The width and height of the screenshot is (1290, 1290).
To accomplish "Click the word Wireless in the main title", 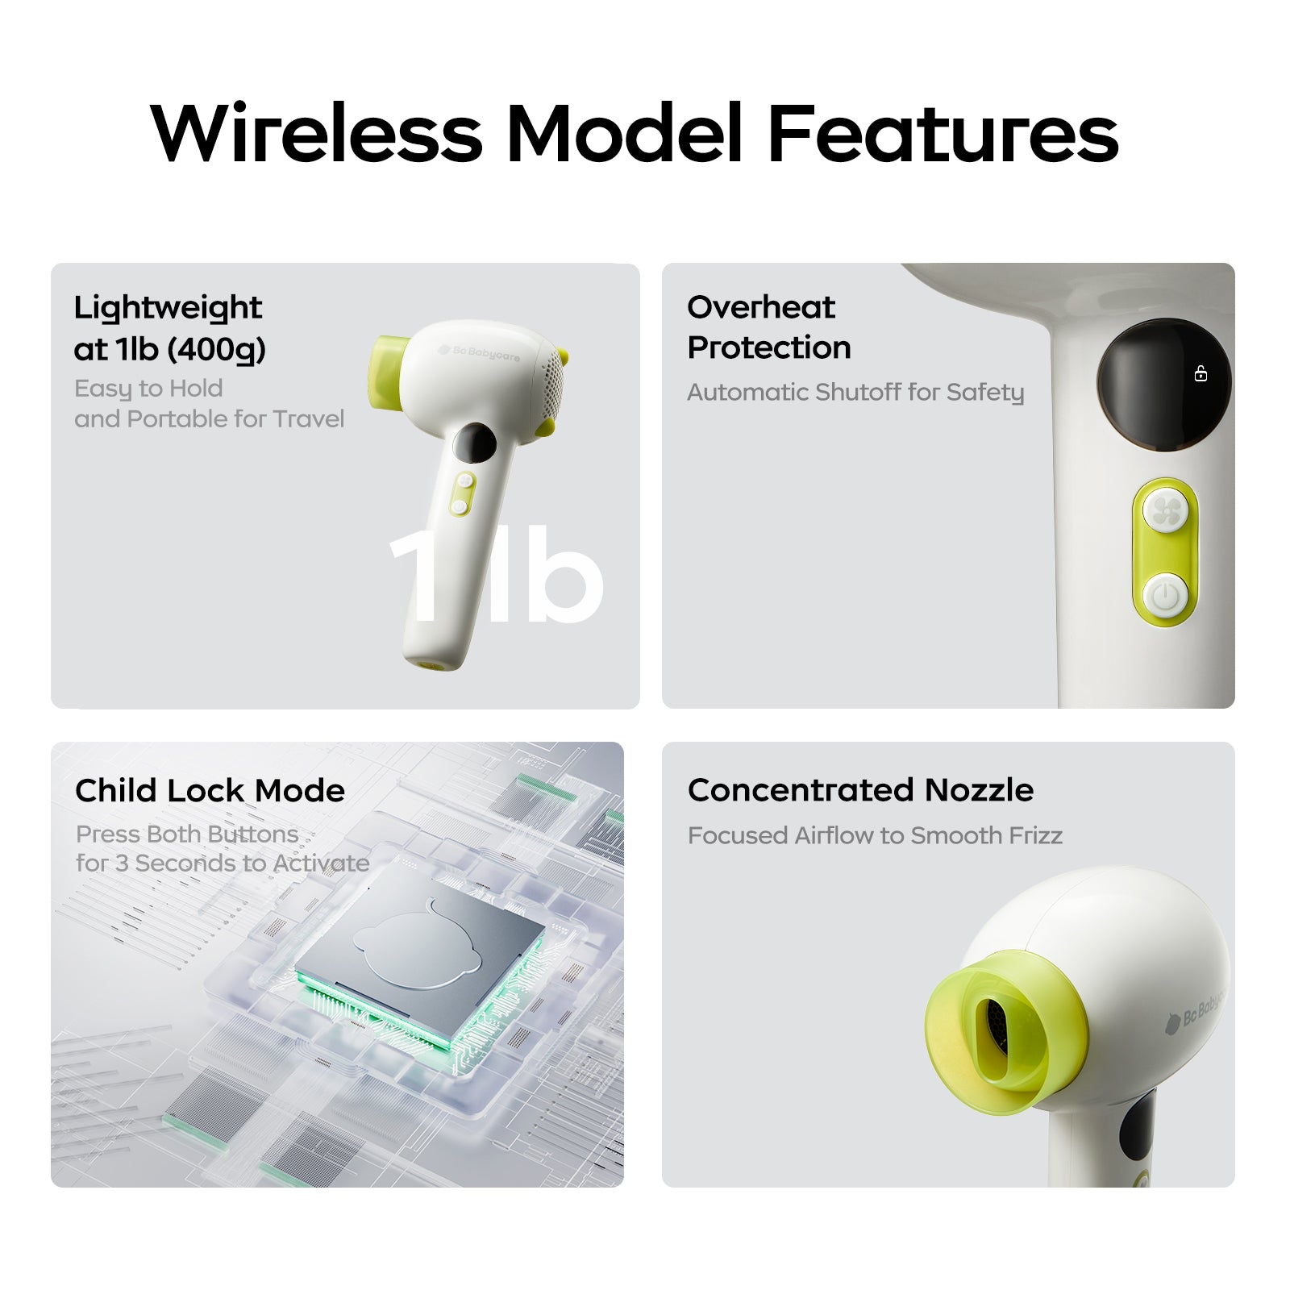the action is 317,133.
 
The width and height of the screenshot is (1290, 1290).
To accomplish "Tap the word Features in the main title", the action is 943,133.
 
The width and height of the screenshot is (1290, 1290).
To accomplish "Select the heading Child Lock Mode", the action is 210,790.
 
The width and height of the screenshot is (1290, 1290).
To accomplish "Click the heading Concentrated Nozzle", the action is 860,790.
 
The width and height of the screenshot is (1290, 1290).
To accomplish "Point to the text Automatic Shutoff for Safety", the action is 855,392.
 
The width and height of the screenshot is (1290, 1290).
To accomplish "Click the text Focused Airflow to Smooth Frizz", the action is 875,835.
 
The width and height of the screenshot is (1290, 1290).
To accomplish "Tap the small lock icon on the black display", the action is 1201,373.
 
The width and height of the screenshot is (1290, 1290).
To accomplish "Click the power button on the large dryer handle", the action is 1165,597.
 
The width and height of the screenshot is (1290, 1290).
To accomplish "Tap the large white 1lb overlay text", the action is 497,574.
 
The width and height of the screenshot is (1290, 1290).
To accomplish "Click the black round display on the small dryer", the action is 474,443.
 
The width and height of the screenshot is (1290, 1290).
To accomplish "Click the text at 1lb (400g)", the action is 169,350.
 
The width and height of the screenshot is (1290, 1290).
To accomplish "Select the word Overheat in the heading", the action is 761,306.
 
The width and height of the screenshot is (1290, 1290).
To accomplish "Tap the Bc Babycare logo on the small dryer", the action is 479,352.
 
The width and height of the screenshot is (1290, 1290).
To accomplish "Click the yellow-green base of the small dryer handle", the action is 431,666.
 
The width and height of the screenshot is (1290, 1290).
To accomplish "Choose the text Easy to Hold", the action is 148,389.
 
